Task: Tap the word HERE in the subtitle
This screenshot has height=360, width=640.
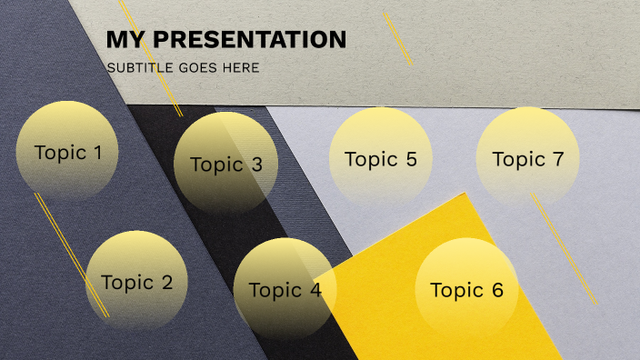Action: click(x=243, y=68)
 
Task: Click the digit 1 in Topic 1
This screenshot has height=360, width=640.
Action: click(x=97, y=153)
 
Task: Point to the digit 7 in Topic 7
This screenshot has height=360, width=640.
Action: click(x=557, y=160)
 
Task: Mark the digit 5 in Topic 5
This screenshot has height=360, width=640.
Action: click(x=410, y=160)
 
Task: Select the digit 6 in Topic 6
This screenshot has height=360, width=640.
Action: click(x=496, y=291)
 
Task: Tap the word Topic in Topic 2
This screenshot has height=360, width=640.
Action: click(x=126, y=283)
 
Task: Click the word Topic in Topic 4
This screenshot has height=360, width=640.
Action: click(x=274, y=291)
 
